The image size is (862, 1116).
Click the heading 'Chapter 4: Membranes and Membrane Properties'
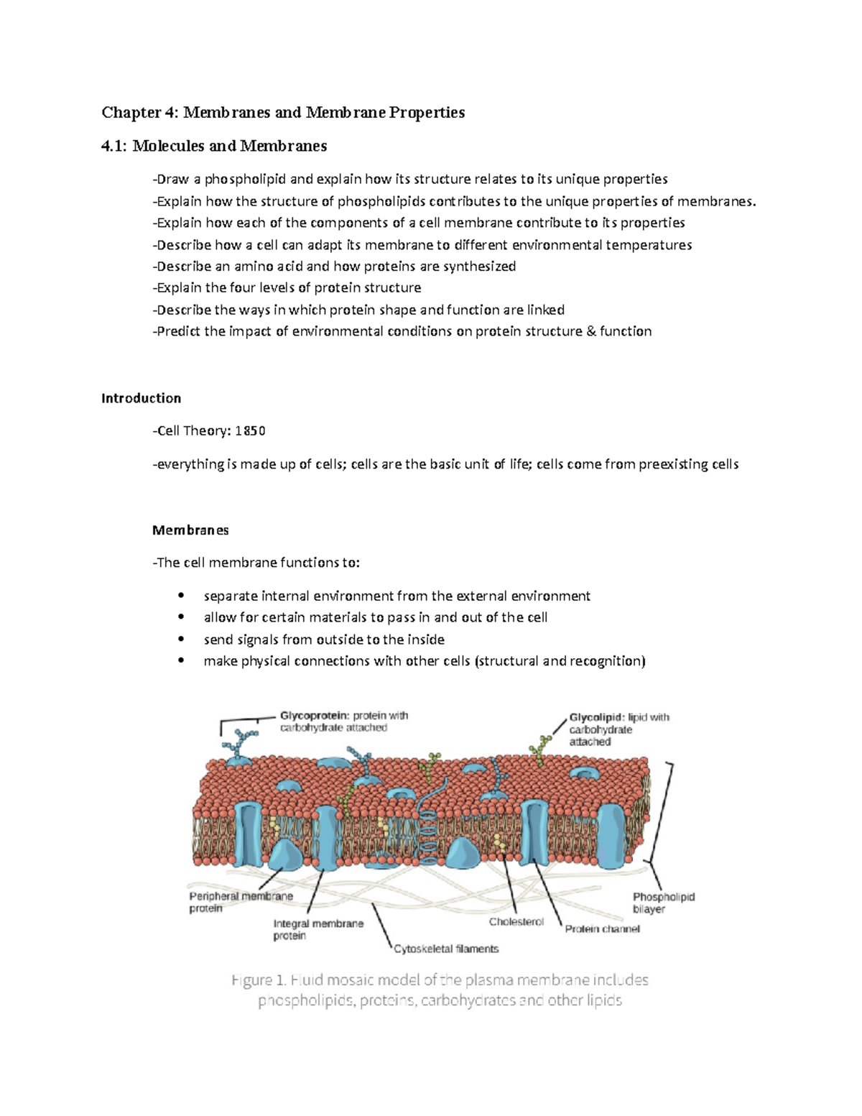pyautogui.click(x=283, y=112)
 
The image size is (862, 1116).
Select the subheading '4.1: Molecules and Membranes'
pyautogui.click(x=214, y=146)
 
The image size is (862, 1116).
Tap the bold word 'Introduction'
pyautogui.click(x=141, y=398)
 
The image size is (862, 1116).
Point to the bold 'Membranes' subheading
pyautogui.click(x=190, y=530)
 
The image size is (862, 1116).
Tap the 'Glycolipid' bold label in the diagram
pyautogui.click(x=596, y=717)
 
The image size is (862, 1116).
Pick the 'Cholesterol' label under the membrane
pyautogui.click(x=516, y=922)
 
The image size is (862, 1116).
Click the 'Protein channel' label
pyautogui.click(x=602, y=929)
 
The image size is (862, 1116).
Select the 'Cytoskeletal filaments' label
pyautogui.click(x=446, y=949)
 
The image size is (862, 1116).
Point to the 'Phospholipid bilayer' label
pyautogui.click(x=663, y=903)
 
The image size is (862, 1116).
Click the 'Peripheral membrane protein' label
pyautogui.click(x=241, y=902)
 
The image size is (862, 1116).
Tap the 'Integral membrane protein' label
pyautogui.click(x=318, y=929)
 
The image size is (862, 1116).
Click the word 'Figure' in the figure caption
pyautogui.click(x=251, y=980)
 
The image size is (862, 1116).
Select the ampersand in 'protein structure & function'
pyautogui.click(x=591, y=331)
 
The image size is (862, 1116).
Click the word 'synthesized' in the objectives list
pyautogui.click(x=479, y=266)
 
